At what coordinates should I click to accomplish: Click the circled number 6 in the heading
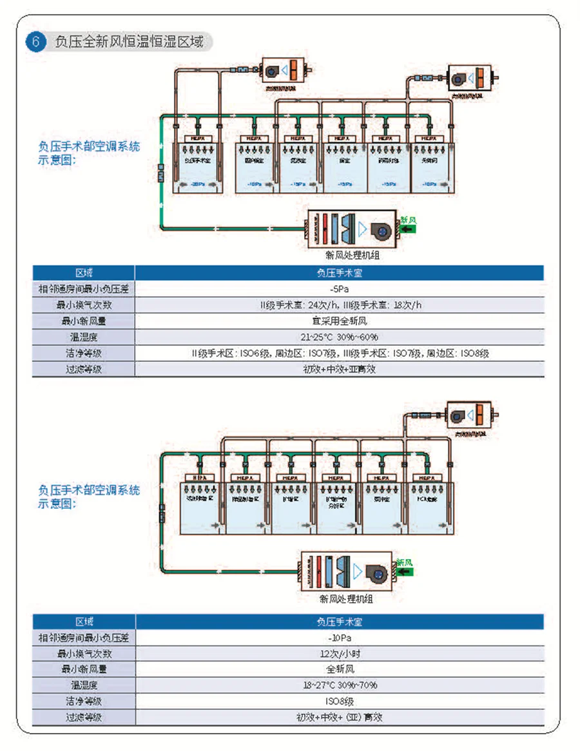(x=36, y=43)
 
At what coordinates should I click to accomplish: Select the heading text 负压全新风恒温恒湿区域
(x=129, y=43)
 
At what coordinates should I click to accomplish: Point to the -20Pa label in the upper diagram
(x=198, y=184)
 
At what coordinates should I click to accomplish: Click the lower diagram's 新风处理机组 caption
(x=346, y=599)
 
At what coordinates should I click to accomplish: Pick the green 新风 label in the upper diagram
(x=408, y=220)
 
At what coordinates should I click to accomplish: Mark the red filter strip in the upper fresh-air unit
(x=325, y=228)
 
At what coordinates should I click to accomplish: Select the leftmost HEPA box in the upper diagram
(x=198, y=138)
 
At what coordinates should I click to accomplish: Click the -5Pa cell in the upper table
(x=340, y=289)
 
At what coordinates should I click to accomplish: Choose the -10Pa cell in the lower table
(x=340, y=638)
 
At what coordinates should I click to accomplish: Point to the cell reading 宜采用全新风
(x=340, y=321)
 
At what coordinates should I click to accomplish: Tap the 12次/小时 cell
(x=340, y=654)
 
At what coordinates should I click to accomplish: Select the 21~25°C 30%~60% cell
(x=340, y=337)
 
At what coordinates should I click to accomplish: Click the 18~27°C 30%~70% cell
(x=340, y=685)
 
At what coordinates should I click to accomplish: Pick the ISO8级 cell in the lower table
(x=340, y=701)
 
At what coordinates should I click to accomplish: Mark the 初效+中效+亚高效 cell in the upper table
(x=340, y=369)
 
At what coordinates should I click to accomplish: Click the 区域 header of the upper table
(x=84, y=272)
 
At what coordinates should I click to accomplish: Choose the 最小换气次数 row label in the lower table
(x=84, y=654)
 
